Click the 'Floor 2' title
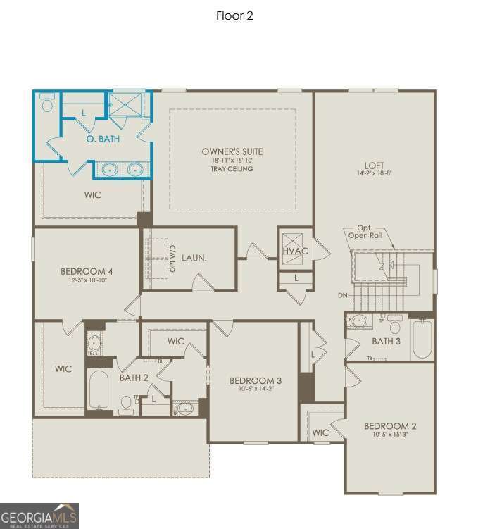(x=234, y=15)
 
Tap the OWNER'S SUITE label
(x=232, y=151)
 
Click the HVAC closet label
(x=296, y=251)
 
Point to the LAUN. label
(x=194, y=259)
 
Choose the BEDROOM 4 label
(x=87, y=272)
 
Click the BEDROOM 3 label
(x=255, y=381)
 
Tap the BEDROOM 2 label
(x=389, y=426)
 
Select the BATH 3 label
(x=387, y=342)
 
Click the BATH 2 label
(x=134, y=378)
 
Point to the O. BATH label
(x=103, y=139)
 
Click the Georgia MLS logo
(x=39, y=515)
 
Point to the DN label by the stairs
(x=342, y=295)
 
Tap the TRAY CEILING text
(x=232, y=169)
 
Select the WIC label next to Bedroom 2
(x=321, y=432)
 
